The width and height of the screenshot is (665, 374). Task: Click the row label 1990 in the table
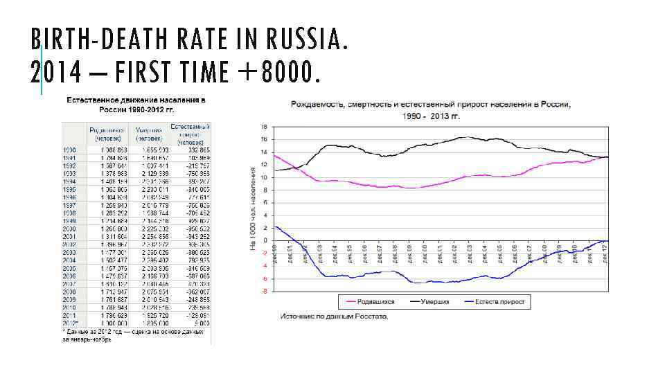click(69, 150)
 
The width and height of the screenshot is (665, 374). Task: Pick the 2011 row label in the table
click(69, 316)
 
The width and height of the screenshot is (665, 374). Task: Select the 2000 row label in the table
click(69, 229)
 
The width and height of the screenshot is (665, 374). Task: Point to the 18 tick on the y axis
click(264, 127)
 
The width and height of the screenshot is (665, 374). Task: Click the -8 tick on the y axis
click(264, 292)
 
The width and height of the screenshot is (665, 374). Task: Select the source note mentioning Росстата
click(334, 317)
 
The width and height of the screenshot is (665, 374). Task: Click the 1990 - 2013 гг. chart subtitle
click(431, 116)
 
